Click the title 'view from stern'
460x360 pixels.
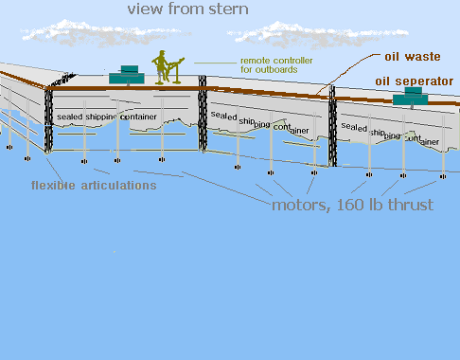click(188, 9)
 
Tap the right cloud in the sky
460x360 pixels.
click(317, 35)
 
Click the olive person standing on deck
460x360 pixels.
click(160, 67)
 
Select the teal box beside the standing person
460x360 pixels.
click(127, 75)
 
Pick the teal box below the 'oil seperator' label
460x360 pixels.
click(411, 96)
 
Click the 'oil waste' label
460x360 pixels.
click(413, 57)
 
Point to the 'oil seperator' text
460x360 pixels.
click(415, 81)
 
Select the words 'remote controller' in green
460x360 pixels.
click(276, 61)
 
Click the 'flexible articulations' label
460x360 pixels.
click(94, 186)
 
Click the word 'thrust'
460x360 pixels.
click(411, 205)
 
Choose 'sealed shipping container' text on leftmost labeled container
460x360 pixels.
click(107, 117)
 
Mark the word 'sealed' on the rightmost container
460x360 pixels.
click(354, 127)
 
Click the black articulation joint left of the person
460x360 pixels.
click(48, 120)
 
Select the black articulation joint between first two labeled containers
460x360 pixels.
click(203, 114)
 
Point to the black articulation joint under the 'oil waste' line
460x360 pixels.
click(332, 126)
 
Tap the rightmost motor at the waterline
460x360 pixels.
click(443, 176)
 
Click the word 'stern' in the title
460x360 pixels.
click(228, 9)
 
